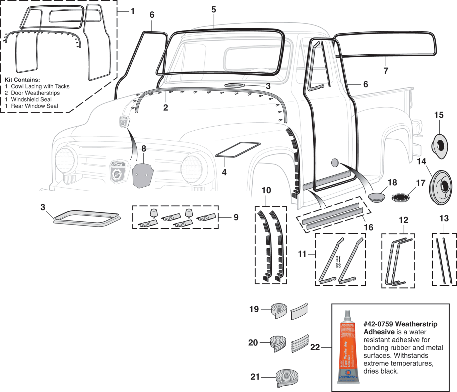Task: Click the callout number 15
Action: pos(439,115)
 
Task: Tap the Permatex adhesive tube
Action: pos(348,348)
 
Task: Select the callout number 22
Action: pos(315,347)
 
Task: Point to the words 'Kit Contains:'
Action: pos(22,80)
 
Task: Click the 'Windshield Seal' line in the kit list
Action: pos(31,100)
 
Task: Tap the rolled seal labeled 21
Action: pos(287,378)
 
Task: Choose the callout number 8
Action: pos(144,148)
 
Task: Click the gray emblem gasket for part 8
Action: pos(143,175)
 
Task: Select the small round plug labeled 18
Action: pos(377,197)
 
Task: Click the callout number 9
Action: pos(236,217)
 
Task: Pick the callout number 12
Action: pos(403,220)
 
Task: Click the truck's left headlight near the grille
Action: pos(66,160)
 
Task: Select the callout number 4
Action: pos(224,172)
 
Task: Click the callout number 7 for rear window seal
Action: pos(386,71)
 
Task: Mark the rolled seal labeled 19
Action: pos(279,310)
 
